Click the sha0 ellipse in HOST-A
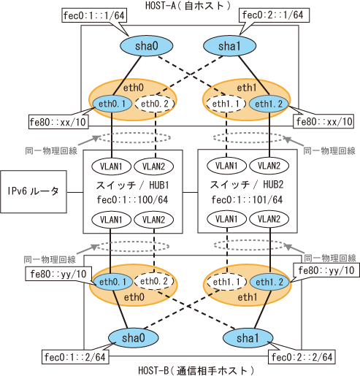point(147,46)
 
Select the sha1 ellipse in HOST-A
point(229,46)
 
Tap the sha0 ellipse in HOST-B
point(134,338)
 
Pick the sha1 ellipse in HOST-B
point(248,338)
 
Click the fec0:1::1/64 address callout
point(94,16)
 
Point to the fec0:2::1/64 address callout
point(273,15)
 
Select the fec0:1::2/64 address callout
point(75,357)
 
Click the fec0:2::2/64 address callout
point(302,357)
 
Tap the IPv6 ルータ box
point(34,191)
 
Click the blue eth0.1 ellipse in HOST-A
point(112,104)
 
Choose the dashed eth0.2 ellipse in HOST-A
point(155,104)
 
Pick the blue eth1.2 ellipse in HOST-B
point(269,282)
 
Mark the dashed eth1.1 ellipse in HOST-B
point(226,282)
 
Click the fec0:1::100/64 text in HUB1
point(133,200)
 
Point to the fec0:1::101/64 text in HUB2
point(247,200)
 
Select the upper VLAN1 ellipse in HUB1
point(111,166)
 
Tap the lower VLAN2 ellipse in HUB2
point(269,219)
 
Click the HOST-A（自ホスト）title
point(188,5)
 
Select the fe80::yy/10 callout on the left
point(58,274)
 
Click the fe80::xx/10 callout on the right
point(324,121)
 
